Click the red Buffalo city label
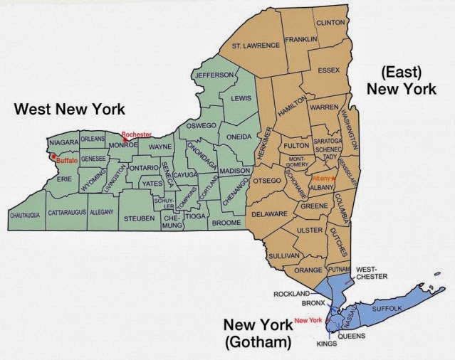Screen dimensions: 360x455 [x=67, y=161]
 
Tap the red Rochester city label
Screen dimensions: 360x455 [x=136, y=134]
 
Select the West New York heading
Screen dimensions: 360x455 [x=70, y=109]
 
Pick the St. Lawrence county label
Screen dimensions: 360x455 [x=255, y=46]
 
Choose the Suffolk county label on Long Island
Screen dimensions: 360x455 [x=385, y=307]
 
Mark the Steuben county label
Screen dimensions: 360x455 [x=138, y=218]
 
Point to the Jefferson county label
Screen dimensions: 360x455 [x=214, y=75]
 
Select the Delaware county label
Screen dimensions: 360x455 [x=268, y=213]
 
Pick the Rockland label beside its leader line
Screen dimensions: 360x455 [x=292, y=293]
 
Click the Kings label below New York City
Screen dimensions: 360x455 [x=327, y=344]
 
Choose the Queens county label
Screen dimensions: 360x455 [x=352, y=336]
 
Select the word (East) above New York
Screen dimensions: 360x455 [x=400, y=72]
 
